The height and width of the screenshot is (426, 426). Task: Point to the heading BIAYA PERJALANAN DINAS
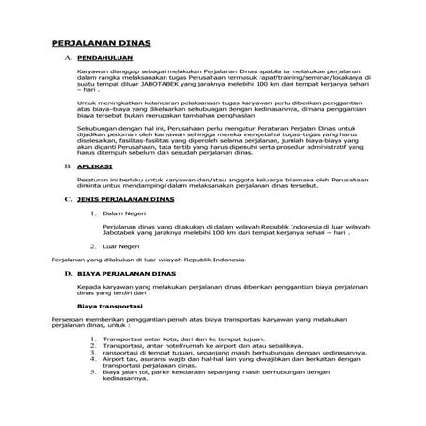[x=123, y=271]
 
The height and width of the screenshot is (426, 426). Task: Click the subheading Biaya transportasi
[x=109, y=305]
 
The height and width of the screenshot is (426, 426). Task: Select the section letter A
[x=66, y=58]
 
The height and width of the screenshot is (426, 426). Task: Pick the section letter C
[x=66, y=200]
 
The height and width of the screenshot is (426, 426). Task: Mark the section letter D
[x=66, y=271]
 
